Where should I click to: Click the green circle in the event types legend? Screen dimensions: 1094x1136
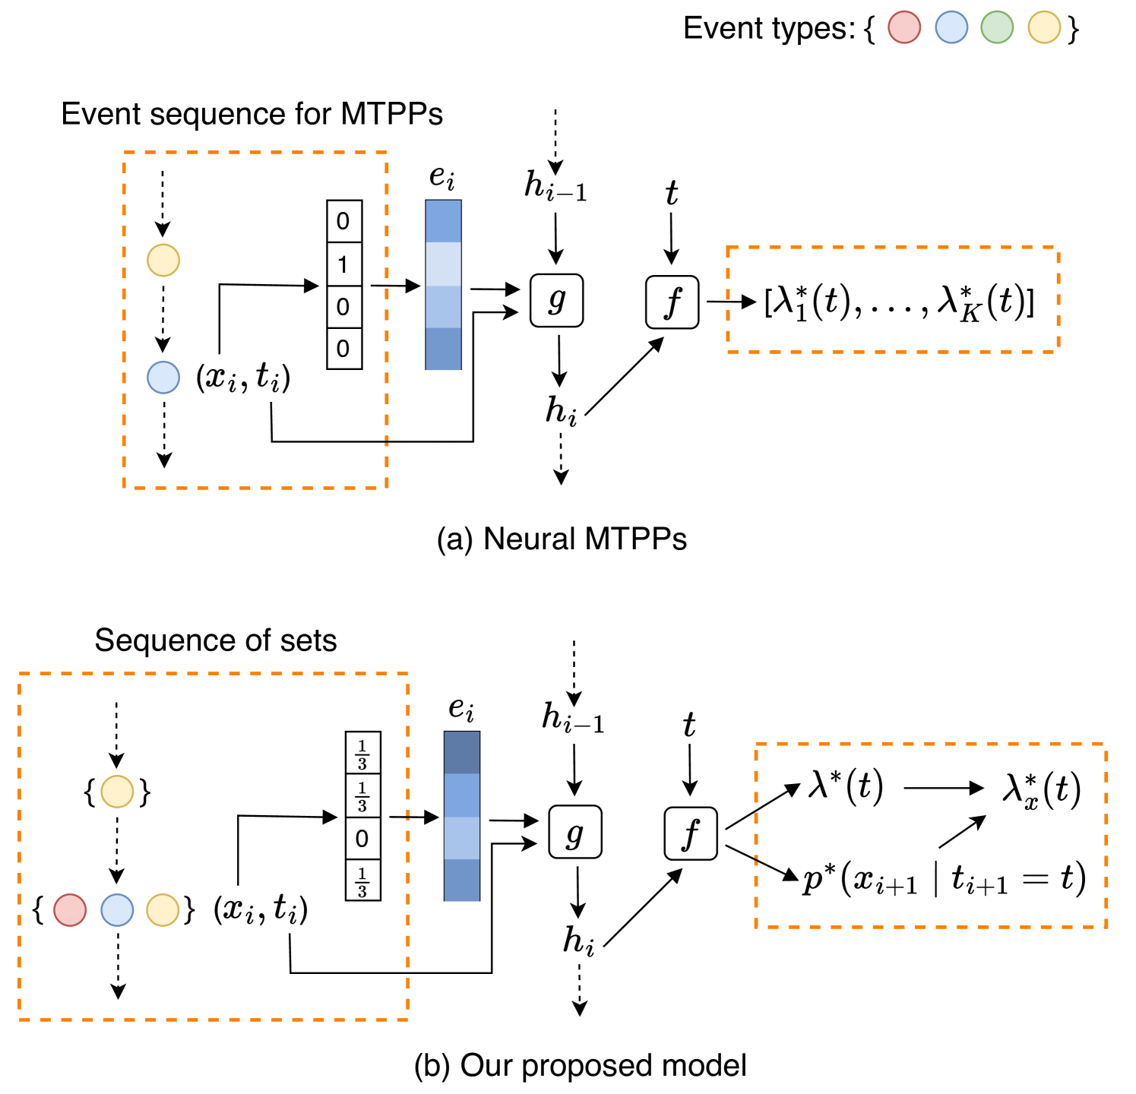click(997, 28)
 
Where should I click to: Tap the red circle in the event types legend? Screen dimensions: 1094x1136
click(904, 28)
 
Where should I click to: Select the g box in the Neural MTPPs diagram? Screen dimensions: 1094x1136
click(556, 300)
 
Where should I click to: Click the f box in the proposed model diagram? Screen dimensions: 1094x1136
click(691, 833)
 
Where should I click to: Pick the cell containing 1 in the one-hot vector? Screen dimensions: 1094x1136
click(343, 264)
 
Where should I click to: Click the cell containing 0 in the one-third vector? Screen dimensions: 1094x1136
click(362, 838)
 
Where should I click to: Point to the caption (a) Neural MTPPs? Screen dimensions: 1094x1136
click(562, 539)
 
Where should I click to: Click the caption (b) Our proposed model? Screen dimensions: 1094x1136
click(580, 1065)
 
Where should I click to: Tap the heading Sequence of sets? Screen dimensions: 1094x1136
click(216, 640)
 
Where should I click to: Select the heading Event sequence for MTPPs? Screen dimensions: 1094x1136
click(252, 114)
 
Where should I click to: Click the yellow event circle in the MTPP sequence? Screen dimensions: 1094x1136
click(163, 261)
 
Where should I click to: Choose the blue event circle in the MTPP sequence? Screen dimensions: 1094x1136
click(163, 378)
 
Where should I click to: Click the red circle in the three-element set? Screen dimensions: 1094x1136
click(70, 909)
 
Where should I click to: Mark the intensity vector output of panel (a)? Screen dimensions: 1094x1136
click(899, 302)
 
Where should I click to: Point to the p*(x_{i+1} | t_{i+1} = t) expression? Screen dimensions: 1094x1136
click(945, 880)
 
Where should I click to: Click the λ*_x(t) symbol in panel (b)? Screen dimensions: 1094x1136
click(1041, 790)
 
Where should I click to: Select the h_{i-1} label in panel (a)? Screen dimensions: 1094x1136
click(555, 185)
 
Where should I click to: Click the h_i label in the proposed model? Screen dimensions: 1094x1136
click(578, 942)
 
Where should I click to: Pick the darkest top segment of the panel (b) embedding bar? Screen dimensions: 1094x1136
click(462, 752)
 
